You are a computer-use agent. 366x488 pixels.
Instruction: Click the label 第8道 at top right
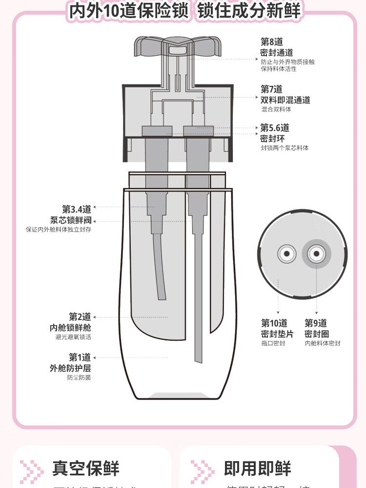coord(271,42)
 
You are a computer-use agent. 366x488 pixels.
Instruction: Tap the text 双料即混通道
coord(285,100)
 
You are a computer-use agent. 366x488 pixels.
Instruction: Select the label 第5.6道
coord(275,128)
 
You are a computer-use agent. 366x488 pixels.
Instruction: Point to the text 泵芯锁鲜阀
coord(71,220)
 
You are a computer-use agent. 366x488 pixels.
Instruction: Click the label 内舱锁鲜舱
coord(70,327)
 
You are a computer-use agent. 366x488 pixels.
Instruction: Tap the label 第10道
coord(274,323)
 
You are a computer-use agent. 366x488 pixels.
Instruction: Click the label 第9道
coord(316,323)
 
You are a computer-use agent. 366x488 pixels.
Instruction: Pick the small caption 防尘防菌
coord(79,378)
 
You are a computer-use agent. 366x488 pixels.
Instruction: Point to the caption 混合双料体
coord(276,109)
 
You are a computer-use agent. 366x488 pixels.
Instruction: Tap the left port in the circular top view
coord(286,254)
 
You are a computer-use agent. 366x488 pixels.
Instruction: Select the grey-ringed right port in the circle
coord(316,254)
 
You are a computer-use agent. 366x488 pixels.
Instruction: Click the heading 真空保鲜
coord(86,468)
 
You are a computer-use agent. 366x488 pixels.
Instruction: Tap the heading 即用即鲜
coord(258,468)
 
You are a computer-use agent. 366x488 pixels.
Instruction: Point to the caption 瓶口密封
coord(273,343)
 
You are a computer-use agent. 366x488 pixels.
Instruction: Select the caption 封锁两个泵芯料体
coord(285,148)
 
